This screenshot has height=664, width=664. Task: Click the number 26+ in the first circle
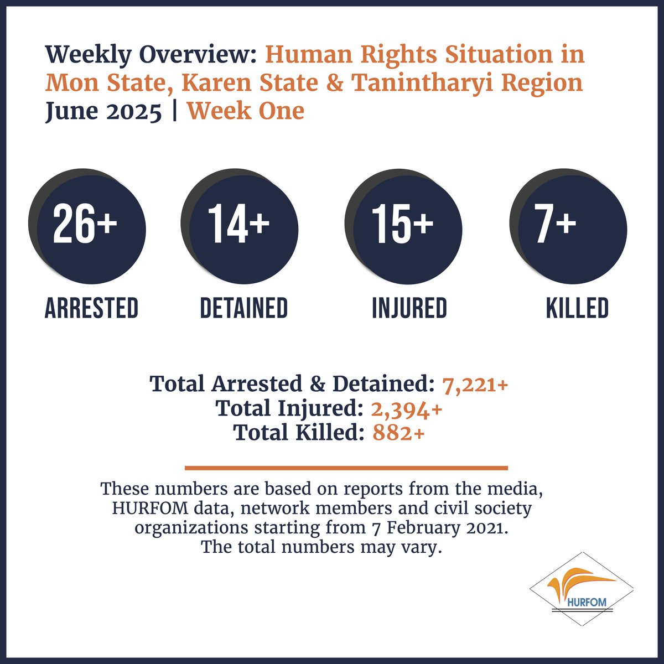tap(85, 224)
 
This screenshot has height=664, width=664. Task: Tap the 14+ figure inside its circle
tap(238, 224)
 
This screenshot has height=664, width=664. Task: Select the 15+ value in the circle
tap(402, 224)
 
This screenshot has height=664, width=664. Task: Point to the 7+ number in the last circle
tap(555, 224)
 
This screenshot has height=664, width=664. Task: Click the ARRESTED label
tap(91, 308)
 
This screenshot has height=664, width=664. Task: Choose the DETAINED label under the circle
tap(244, 308)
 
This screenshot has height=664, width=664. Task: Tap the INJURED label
tap(409, 308)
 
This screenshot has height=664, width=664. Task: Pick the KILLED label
tap(577, 308)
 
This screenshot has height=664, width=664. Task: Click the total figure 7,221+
tap(475, 384)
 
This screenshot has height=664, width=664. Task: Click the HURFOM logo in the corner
tap(582, 589)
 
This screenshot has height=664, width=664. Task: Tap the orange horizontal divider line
tap(346, 468)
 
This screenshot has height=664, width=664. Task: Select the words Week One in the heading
tap(245, 111)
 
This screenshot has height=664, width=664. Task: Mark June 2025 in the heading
tap(103, 111)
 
